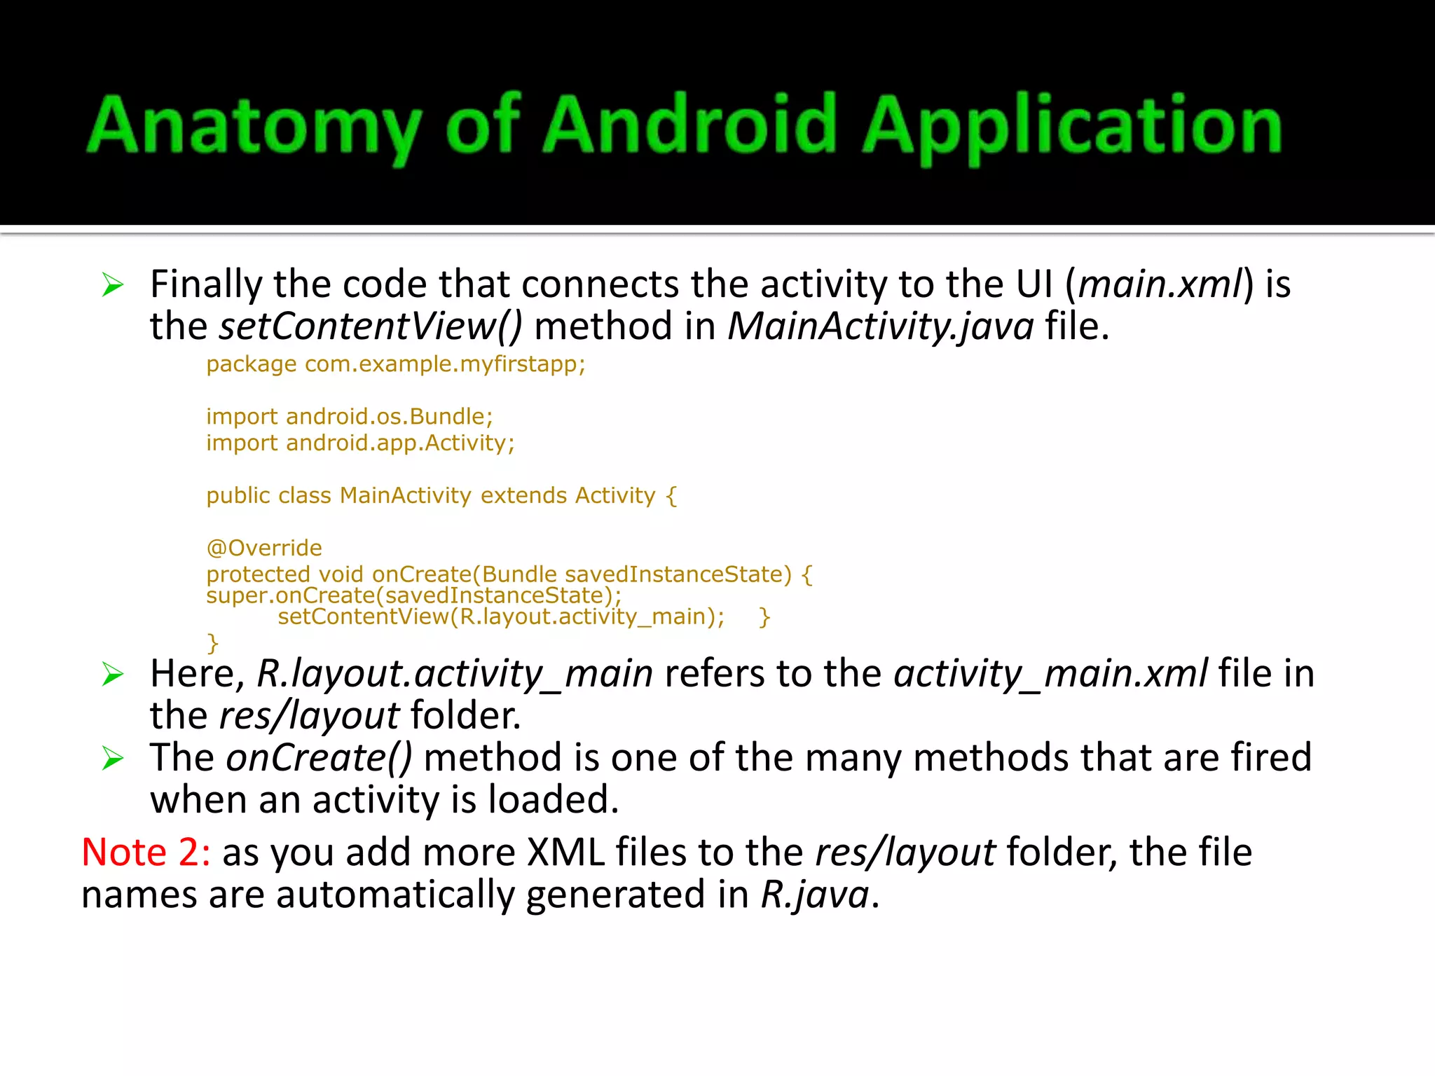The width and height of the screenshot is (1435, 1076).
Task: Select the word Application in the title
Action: click(1072, 126)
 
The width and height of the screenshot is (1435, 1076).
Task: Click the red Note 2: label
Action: click(146, 853)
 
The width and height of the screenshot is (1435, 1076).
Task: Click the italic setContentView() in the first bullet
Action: click(371, 326)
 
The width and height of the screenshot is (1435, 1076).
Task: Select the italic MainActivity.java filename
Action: click(881, 326)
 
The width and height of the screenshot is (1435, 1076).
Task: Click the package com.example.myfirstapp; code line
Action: click(395, 364)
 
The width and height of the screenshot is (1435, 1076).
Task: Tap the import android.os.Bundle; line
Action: click(349, 417)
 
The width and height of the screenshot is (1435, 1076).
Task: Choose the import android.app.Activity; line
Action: click(360, 443)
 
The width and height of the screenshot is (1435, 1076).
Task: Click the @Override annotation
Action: click(264, 548)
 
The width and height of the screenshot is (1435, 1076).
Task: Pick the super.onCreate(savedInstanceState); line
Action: click(413, 595)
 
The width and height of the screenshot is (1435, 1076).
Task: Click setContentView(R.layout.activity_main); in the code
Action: click(501, 616)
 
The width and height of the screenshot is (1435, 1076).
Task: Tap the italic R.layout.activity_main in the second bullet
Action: click(455, 674)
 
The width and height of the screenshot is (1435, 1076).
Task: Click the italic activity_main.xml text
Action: click(1050, 674)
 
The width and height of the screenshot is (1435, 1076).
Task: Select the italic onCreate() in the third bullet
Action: click(319, 758)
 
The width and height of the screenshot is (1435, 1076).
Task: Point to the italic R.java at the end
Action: click(815, 895)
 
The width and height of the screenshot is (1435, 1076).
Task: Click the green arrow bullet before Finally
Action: click(112, 285)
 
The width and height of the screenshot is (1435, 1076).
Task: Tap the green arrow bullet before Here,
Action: click(112, 674)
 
